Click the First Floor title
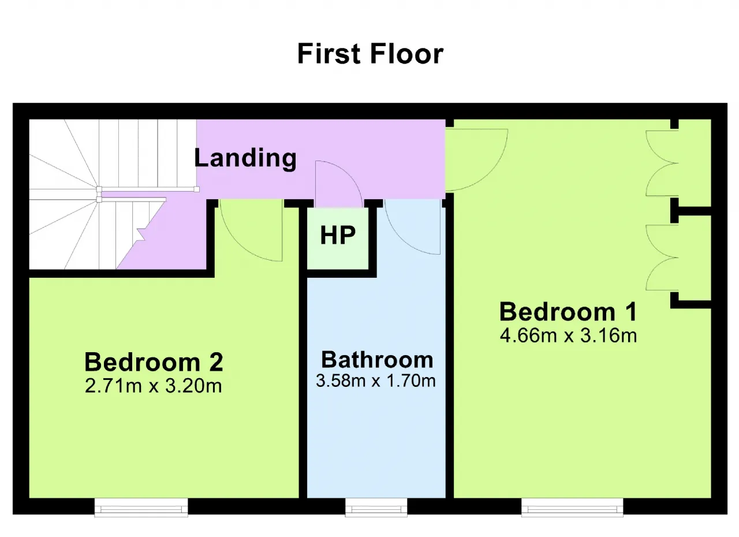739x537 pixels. coord(370,54)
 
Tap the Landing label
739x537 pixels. coord(245,158)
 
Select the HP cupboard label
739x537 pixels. coord(338,235)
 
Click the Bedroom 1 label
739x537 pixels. coord(568,311)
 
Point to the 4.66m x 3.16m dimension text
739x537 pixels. coord(568,336)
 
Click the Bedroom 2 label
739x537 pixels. coord(154,362)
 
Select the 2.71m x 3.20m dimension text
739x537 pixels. coord(154,386)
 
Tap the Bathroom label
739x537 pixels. coord(377,360)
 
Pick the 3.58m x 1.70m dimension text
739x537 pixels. coord(376,381)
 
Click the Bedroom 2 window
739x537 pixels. coord(141,508)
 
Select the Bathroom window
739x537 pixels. coord(376,508)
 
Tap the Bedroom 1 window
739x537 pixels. coord(572,508)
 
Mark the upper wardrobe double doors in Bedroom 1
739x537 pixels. coord(656,163)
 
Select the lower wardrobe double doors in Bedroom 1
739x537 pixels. coord(656,258)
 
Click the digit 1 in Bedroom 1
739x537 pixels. coord(632,312)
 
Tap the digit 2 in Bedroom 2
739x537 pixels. coord(217,362)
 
